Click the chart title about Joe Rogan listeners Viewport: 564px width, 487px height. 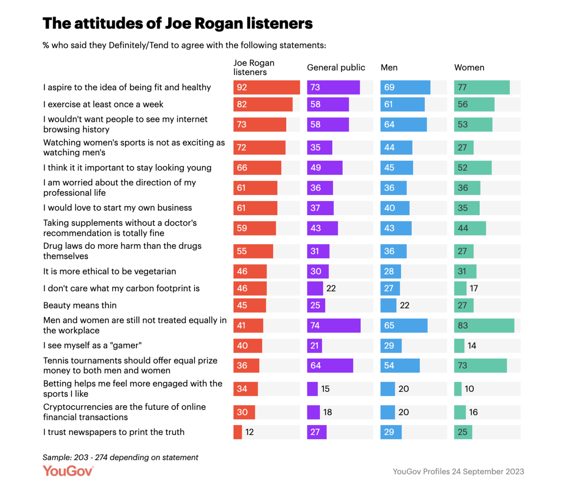coord(177,23)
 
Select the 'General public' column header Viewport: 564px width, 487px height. coord(336,68)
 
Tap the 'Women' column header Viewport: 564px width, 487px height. coord(469,68)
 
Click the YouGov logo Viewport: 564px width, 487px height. coord(68,471)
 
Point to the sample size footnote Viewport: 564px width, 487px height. coord(120,457)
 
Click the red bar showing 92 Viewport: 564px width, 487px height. coord(266,87)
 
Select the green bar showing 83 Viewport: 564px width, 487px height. coord(484,325)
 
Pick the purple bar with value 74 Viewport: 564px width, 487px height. coord(334,325)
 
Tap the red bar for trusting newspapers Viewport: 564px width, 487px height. coord(237,432)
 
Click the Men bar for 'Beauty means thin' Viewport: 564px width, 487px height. coord(388,305)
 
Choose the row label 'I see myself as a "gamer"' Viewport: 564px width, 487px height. coord(92,346)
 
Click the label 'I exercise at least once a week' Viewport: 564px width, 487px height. coord(103,104)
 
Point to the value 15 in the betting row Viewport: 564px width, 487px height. coord(325,389)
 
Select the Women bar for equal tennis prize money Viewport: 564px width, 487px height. coord(480,365)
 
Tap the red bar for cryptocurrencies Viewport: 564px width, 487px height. coord(244,412)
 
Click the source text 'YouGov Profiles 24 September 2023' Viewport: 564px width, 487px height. coord(458,472)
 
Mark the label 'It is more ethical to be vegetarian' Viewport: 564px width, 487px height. coord(110,271)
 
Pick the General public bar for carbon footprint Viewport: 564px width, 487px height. coord(315,288)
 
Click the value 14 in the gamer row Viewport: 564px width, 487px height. coord(472,346)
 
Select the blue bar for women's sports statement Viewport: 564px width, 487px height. coord(396,147)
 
